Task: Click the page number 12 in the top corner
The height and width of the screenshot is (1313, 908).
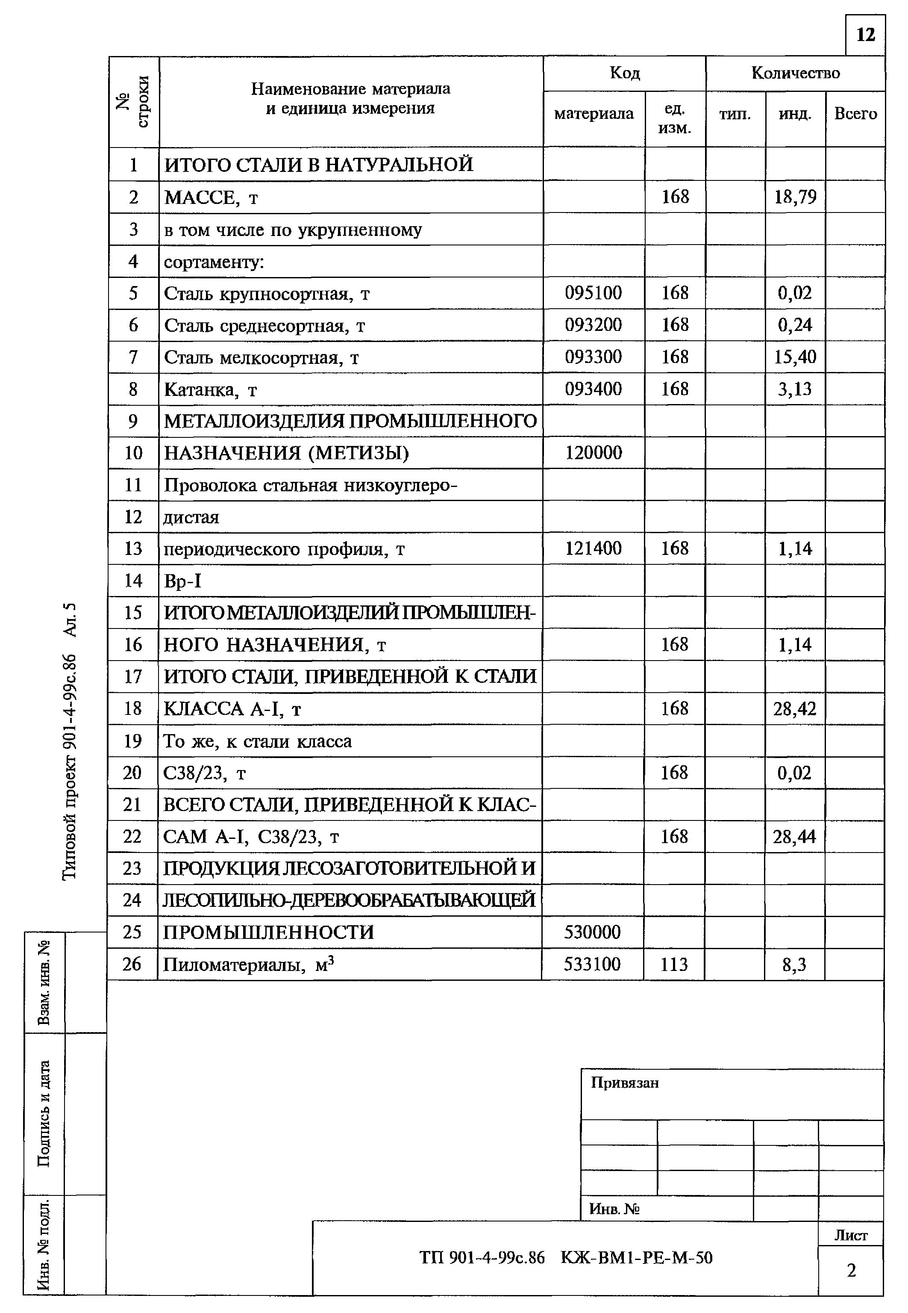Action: coord(865,35)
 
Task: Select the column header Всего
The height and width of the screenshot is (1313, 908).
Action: coord(855,114)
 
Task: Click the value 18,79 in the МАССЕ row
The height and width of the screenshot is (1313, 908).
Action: coord(795,197)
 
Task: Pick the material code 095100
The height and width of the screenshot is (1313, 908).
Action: coord(594,293)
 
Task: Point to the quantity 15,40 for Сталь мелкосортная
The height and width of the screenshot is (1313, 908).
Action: coord(795,357)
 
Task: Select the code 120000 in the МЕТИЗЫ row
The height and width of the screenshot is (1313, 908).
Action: coord(594,453)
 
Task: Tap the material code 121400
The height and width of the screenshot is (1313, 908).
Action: coord(594,549)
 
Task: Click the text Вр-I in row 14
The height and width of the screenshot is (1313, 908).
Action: coord(182,581)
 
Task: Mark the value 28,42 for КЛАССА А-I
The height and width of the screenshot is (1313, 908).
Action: coord(794,708)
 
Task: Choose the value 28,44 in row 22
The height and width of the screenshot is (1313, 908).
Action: coord(794,837)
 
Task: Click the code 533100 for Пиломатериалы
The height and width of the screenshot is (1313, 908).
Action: coord(592,965)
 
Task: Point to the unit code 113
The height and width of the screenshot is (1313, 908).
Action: coord(674,965)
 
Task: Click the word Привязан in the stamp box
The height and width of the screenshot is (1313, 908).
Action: coord(625,1082)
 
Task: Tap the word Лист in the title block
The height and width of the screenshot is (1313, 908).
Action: coord(851,1236)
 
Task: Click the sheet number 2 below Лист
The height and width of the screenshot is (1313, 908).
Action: coord(851,1270)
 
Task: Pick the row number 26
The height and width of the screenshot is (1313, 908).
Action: coord(132,964)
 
